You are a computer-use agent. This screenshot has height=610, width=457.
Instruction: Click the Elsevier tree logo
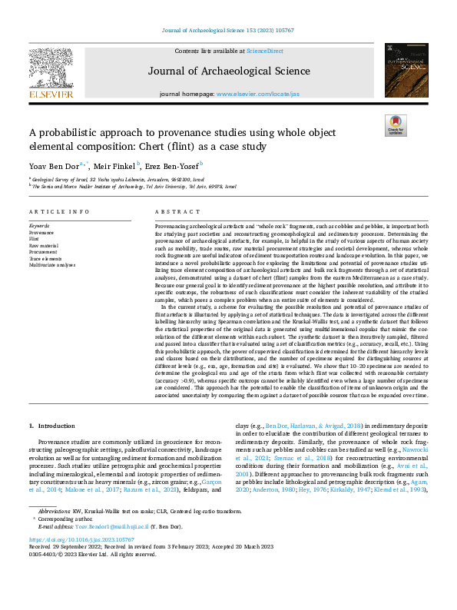[51, 67]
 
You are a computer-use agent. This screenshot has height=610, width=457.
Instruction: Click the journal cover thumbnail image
[406, 69]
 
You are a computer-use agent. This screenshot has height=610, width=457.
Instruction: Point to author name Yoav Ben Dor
[53, 165]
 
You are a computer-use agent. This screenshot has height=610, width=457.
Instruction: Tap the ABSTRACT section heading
[173, 212]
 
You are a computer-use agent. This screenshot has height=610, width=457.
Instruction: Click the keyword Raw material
[45, 244]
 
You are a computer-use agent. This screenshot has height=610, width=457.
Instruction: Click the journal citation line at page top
[228, 31]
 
